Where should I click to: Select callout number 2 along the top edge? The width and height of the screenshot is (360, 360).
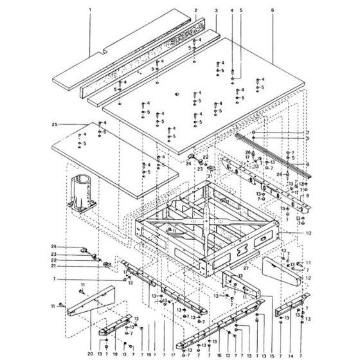click(x=195, y=11)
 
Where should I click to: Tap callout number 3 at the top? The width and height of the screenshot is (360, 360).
click(x=216, y=11)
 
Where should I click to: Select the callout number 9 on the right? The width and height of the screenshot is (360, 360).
click(x=307, y=195)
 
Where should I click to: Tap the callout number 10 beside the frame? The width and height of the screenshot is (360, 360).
click(x=308, y=232)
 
